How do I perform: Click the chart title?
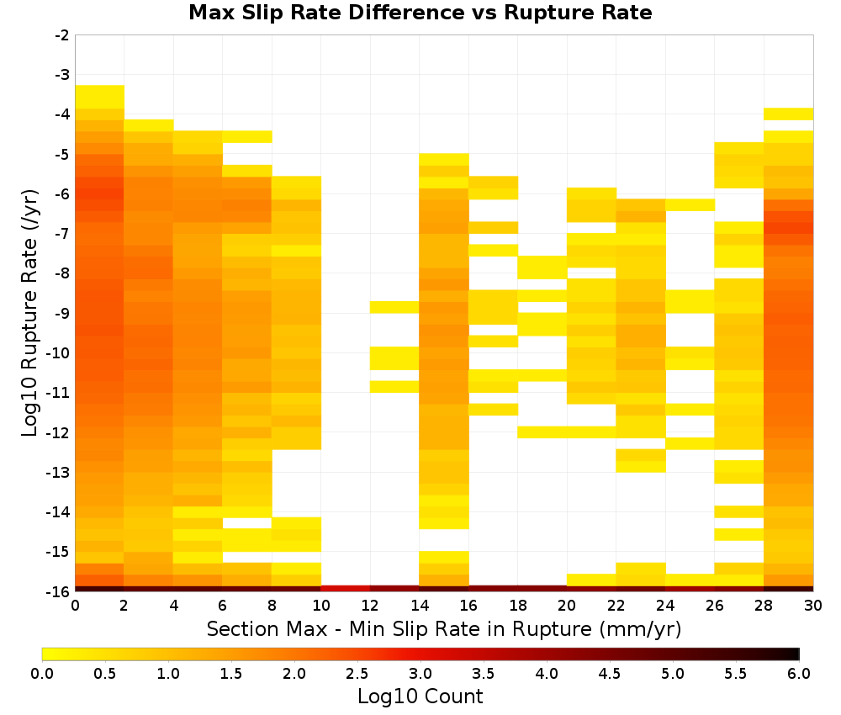420,12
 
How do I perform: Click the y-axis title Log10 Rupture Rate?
29,313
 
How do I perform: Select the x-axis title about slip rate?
443,628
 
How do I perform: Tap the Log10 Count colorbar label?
420,696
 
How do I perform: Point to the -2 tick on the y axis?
62,35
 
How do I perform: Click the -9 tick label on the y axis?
62,313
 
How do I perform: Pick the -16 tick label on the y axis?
59,591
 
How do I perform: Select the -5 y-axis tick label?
62,155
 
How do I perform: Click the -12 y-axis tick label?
59,432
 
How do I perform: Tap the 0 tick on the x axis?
75,606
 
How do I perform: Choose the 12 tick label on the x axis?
370,606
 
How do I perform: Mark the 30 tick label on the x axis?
813,606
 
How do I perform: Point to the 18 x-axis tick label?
518,606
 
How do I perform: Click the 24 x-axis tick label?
665,606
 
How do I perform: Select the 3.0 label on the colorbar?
420,673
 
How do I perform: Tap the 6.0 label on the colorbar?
799,673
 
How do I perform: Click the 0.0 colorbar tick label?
42,673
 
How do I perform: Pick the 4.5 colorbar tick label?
610,673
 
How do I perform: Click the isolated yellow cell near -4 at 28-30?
789,114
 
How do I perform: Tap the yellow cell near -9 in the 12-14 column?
394,307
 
